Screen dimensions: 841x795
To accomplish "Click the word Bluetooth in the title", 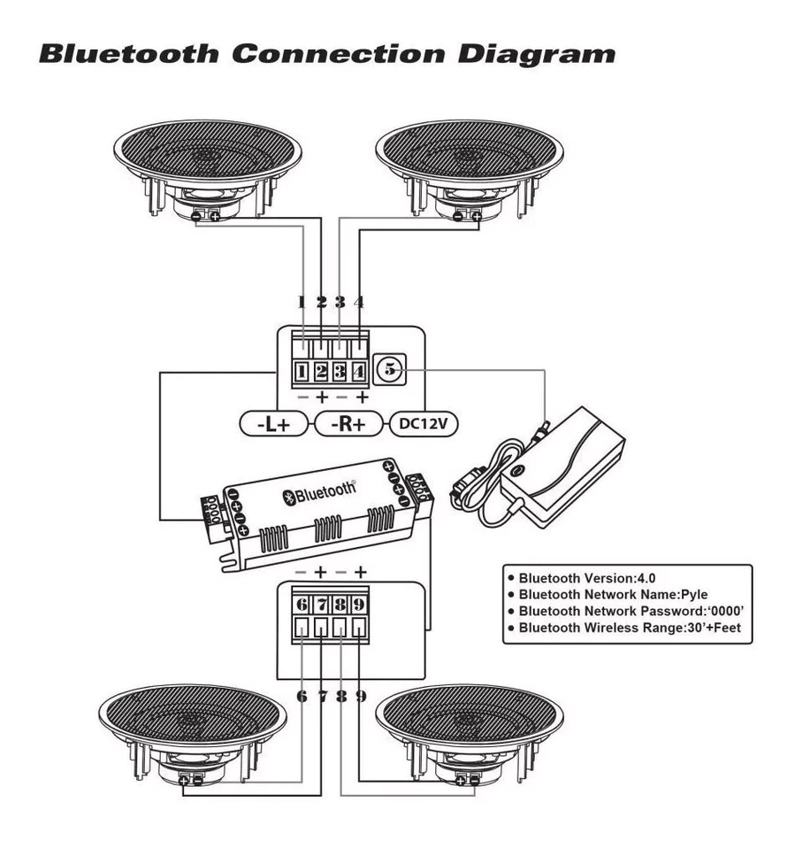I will coord(128,52).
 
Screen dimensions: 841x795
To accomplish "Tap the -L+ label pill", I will coord(273,424).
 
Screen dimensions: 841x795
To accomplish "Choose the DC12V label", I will coord(423,424).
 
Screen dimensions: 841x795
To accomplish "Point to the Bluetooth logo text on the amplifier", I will coord(320,491).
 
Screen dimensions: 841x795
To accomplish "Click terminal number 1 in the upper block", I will coord(302,371).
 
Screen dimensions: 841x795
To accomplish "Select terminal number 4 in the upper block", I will coord(359,371).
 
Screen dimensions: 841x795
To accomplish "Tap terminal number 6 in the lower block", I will coord(302,606).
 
